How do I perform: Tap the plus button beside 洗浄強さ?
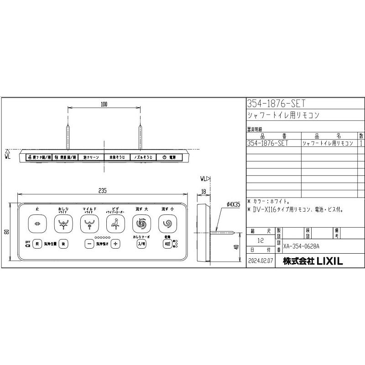115,244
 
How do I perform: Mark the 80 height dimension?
6,231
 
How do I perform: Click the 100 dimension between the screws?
104,104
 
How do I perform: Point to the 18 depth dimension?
203,193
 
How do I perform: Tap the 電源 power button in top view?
169,157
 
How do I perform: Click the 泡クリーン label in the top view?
91,157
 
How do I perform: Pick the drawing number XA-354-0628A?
302,246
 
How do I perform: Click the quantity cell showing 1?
361,143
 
